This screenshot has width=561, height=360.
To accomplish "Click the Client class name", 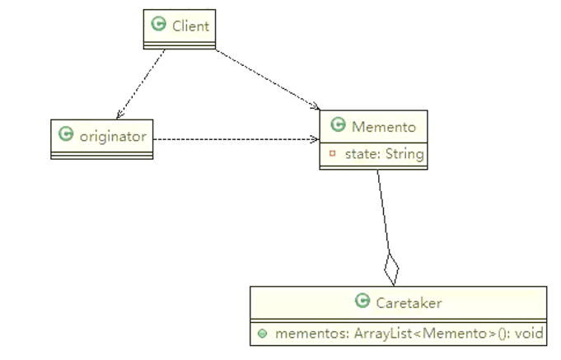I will point(190,26).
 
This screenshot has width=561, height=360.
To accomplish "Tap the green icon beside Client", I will point(159,26).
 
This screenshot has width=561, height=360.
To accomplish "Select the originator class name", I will point(113,136).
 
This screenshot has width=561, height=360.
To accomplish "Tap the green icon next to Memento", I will point(337,126).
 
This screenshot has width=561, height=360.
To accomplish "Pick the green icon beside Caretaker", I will point(362,302).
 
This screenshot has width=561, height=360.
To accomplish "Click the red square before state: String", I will point(332,153).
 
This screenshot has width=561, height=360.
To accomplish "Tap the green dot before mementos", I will point(262,334).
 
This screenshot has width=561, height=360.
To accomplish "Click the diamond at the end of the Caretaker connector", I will point(392,269).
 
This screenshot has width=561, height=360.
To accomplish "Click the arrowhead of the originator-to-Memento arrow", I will point(316,139).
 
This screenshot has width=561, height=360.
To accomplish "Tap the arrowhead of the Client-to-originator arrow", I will point(119,115).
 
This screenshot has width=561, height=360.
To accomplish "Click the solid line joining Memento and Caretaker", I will point(383,214).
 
